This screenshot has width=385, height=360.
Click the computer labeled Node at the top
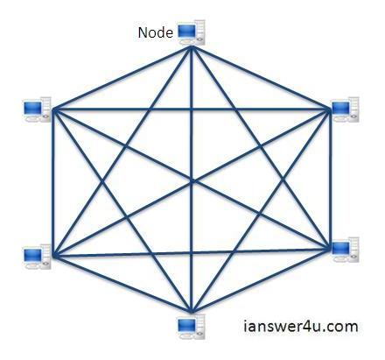point(189,33)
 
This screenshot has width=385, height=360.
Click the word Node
point(155,33)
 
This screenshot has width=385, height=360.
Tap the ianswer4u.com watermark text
point(300,327)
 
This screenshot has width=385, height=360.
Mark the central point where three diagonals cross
point(192,182)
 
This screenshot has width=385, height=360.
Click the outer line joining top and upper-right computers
point(262,79)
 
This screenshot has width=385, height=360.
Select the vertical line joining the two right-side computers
point(332,180)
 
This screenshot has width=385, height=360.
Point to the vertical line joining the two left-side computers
point(53,184)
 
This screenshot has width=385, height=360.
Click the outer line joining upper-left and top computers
point(122,78)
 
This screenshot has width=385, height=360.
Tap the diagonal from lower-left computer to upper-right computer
point(122,219)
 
